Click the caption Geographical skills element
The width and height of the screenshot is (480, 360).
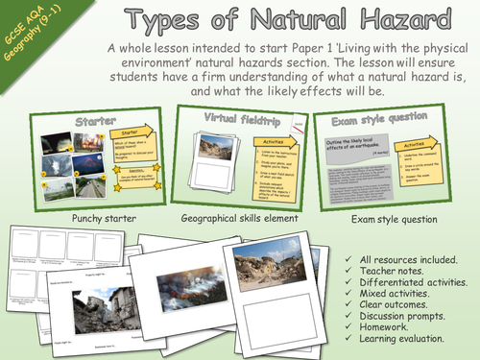pyautogui.click(x=234, y=218)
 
